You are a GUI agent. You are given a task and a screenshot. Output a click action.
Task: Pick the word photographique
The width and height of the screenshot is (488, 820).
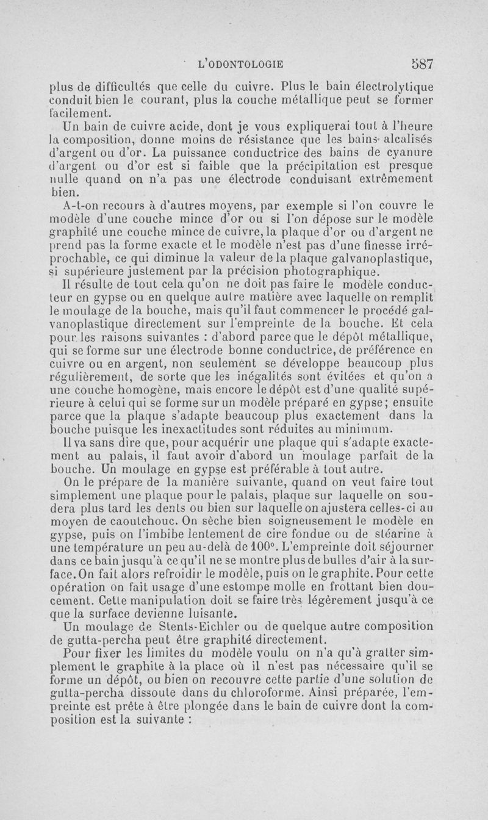pyautogui.click(x=330, y=272)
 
